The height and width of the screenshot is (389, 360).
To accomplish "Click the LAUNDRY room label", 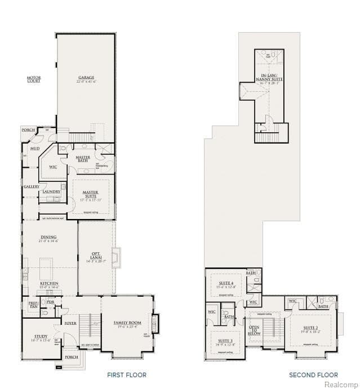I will point(51,192).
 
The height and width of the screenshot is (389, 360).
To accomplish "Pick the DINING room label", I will point(48,239).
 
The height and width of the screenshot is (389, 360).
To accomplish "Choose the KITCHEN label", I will point(49,284).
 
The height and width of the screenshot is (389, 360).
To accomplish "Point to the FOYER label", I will point(70,323).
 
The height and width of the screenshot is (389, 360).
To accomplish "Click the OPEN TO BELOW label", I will point(254,329).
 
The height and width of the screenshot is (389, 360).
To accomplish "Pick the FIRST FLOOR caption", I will point(127,375).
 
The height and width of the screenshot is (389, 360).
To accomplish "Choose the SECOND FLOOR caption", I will point(313,375).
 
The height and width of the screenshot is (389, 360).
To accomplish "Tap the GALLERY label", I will point(32,186).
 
